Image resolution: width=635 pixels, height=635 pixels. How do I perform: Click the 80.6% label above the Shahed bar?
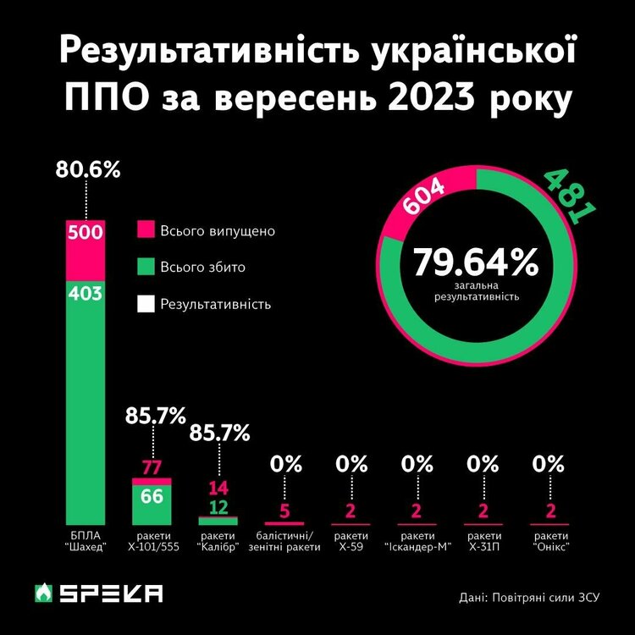(88, 169)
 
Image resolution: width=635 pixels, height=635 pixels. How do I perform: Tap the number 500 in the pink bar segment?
(86, 234)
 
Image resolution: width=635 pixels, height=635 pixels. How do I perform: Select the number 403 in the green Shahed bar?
(86, 294)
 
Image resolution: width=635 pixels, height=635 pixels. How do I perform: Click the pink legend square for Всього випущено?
(145, 231)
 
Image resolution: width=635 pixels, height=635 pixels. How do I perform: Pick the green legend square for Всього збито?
(145, 268)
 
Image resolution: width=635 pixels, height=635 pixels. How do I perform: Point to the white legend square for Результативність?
(145, 304)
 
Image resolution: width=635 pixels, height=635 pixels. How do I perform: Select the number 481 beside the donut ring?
(566, 196)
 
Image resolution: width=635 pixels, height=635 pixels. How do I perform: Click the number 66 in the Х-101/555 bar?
(152, 496)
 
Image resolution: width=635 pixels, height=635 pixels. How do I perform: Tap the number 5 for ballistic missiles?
(284, 511)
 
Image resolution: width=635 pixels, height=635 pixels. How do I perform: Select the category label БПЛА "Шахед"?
(86, 542)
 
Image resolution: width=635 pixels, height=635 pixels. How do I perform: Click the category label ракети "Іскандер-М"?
(417, 542)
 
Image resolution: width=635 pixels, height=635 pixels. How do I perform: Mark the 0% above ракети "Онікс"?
(549, 464)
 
